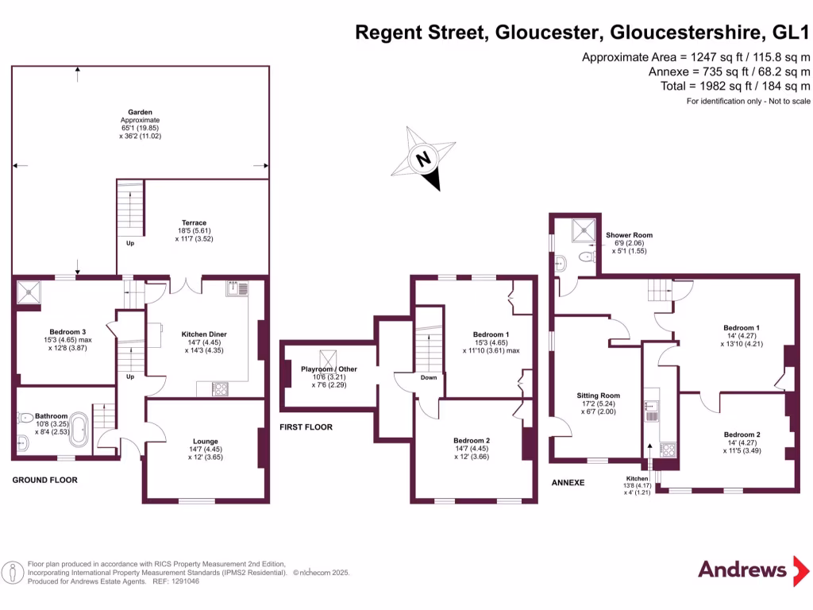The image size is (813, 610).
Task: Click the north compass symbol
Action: point(424,159)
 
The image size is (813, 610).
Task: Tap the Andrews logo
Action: point(742,569)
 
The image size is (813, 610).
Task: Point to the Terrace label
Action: point(194,223)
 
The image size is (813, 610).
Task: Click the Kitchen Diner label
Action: point(205,334)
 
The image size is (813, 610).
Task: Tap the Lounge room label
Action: point(205,441)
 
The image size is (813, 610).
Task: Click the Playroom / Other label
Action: point(329,369)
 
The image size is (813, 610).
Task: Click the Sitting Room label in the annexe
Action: point(599,396)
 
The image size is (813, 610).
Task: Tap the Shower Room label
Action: point(629,236)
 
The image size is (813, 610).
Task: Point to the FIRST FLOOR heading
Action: point(306,427)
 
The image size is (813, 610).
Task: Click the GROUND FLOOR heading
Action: point(44,481)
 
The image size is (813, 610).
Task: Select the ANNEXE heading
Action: point(568,482)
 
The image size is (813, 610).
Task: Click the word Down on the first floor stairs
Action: point(429,377)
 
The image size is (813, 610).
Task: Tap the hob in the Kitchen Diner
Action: point(220,388)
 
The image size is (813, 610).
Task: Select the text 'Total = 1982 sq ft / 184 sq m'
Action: point(735,86)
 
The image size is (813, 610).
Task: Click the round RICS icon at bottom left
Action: point(13,572)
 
